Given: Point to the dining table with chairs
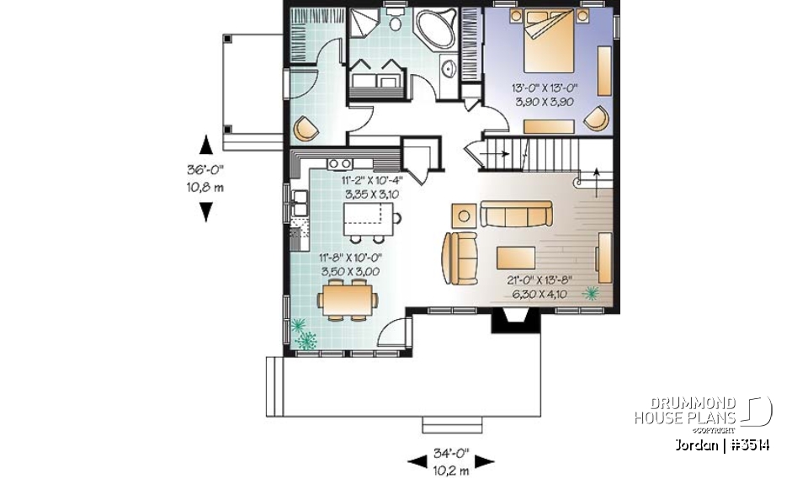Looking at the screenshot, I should pos(346,300).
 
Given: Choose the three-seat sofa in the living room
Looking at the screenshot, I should pos(515,214).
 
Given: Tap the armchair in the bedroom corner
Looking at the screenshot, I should pos(597,119).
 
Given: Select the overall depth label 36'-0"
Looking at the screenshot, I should pos(205,169).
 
